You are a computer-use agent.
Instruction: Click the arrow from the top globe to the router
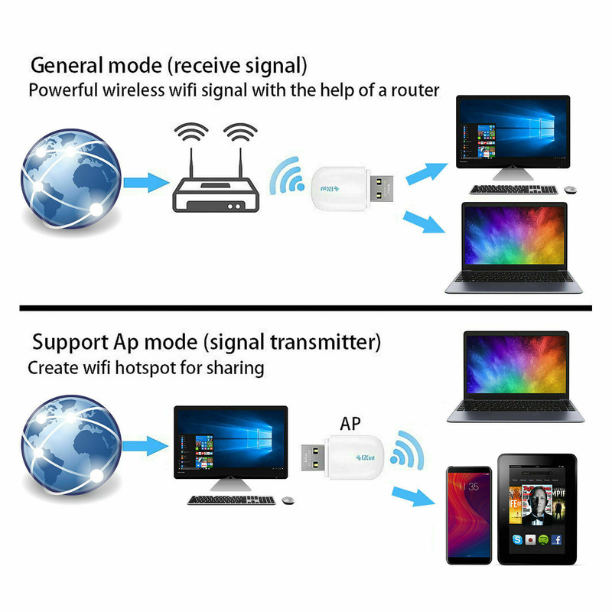[146, 182]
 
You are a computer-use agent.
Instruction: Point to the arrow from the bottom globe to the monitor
[145, 446]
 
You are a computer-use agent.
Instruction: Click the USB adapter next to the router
[352, 189]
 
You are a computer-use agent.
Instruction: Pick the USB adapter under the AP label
[343, 457]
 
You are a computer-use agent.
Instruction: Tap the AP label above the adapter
[350, 424]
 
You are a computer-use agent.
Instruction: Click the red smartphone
[469, 515]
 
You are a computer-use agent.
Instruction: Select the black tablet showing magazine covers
[537, 509]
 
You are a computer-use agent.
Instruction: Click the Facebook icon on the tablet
[556, 539]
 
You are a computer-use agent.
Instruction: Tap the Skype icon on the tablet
[518, 539]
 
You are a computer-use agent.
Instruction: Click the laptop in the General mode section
[513, 247]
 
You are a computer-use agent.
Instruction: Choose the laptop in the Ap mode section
[516, 376]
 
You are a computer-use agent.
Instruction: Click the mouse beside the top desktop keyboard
[570, 190]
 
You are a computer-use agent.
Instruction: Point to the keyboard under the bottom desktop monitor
[232, 500]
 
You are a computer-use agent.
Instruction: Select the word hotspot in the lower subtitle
[145, 368]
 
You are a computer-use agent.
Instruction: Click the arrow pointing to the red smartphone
[413, 496]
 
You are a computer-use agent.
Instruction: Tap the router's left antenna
[192, 163]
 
